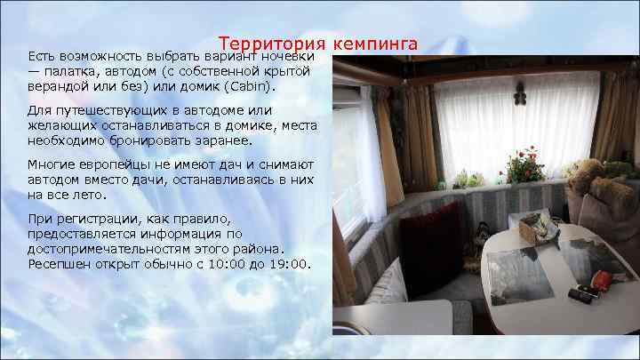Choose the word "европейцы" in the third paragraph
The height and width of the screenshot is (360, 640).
tap(105, 165)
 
